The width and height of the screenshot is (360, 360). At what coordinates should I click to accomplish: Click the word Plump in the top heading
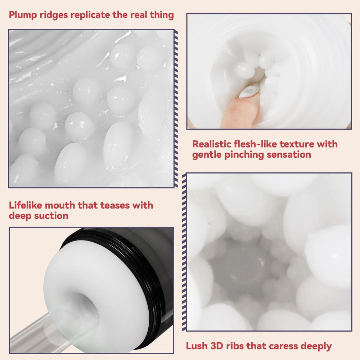coord(23,15)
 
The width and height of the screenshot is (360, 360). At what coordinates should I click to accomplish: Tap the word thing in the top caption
coord(162,15)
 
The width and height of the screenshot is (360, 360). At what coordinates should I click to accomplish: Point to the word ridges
coord(54,15)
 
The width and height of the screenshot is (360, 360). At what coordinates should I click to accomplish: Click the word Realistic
coord(211,144)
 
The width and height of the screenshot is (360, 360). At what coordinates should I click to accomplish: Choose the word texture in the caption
coord(297,144)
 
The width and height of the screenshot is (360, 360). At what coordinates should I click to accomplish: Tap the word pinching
coord(244,155)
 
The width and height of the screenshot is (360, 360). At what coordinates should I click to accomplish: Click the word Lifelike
coord(26,205)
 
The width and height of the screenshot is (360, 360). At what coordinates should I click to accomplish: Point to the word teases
coord(115,206)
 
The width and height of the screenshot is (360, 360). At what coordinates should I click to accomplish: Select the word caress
coord(284,346)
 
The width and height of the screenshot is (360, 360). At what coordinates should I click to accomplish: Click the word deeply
coord(316,346)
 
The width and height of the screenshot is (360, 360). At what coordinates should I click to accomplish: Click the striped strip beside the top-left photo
coord(176,108)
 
